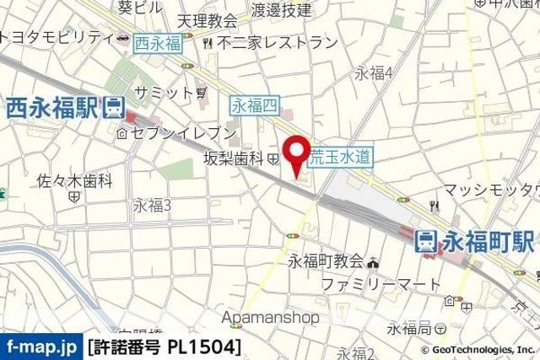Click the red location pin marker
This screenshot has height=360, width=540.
pyautogui.click(x=296, y=153)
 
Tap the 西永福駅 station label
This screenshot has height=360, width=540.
pyautogui.click(x=51, y=107)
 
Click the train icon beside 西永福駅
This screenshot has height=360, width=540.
pyautogui.click(x=112, y=107)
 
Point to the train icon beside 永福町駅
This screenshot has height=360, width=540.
pyautogui.click(x=427, y=241)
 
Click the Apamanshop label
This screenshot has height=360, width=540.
pyautogui.click(x=271, y=318)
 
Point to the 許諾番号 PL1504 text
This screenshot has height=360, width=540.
pyautogui.click(x=164, y=347)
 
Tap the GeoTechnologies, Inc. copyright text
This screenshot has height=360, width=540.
pyautogui.click(x=478, y=349)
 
